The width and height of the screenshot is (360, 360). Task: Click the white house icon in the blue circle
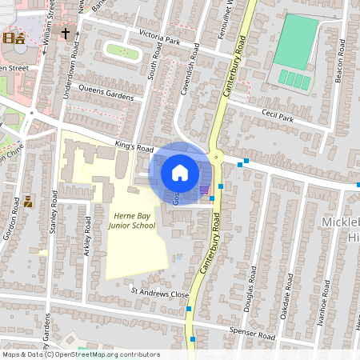click(180, 172)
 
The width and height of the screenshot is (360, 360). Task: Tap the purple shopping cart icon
click(205, 190)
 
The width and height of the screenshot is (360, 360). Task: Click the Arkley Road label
click(86, 230)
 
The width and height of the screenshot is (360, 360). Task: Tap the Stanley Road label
click(54, 210)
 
